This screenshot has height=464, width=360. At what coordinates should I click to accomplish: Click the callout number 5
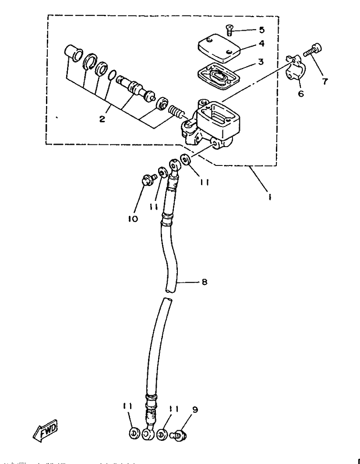click(261, 30)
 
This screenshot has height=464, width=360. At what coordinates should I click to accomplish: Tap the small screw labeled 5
click(229, 30)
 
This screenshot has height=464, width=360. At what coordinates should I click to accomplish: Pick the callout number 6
click(301, 94)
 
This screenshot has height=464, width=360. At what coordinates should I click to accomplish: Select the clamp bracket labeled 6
click(295, 67)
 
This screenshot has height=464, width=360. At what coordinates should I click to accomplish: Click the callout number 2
click(102, 119)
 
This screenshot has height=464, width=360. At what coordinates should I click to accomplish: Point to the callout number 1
click(270, 197)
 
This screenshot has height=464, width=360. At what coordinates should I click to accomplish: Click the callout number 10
click(133, 219)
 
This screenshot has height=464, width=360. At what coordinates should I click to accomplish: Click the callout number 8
click(204, 282)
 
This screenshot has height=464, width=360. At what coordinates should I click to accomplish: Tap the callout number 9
click(195, 410)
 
